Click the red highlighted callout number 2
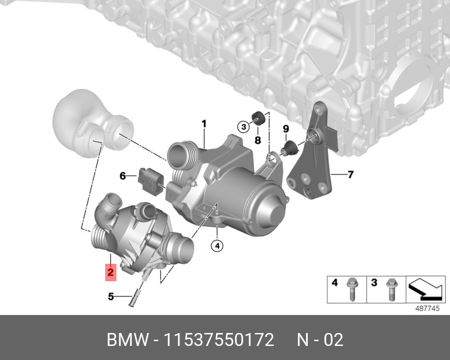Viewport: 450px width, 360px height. click(x=110, y=272)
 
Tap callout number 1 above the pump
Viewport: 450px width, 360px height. click(x=204, y=124)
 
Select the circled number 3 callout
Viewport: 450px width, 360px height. click(x=244, y=127)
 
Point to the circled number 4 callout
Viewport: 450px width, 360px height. click(x=217, y=246)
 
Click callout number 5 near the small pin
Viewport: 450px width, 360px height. click(x=111, y=296)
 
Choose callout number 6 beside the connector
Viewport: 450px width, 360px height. click(x=123, y=175)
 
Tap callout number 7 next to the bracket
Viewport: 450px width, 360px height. click(x=350, y=174)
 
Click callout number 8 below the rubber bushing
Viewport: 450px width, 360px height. click(x=258, y=140)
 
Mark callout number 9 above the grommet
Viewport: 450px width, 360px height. click(x=286, y=129)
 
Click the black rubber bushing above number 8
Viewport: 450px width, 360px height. click(x=258, y=118)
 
